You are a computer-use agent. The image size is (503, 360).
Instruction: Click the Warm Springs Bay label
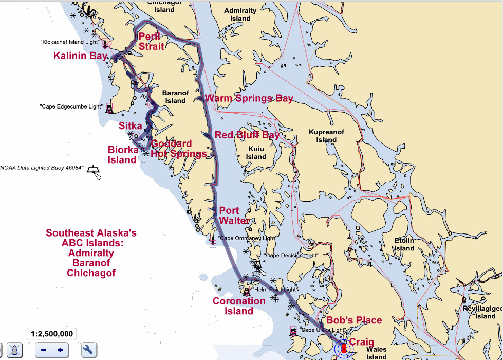point(249,98)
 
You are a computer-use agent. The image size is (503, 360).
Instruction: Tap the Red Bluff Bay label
point(247,135)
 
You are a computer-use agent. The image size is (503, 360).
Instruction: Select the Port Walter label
point(234,215)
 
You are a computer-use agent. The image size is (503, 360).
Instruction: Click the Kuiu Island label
point(256,153)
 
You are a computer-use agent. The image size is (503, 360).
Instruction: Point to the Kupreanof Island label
point(326,136)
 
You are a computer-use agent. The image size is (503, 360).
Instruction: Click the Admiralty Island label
point(240,14)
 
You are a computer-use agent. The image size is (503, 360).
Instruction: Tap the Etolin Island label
point(404,244)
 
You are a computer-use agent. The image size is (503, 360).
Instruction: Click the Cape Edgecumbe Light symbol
point(109,108)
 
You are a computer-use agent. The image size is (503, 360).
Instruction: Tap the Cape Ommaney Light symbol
point(213,239)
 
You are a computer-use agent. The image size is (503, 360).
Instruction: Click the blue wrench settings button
point(88,350)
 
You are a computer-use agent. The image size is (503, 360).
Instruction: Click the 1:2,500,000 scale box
point(51,333)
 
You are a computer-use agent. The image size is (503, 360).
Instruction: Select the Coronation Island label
point(239,306)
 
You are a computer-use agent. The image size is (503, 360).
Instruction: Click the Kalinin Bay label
point(81,56)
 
